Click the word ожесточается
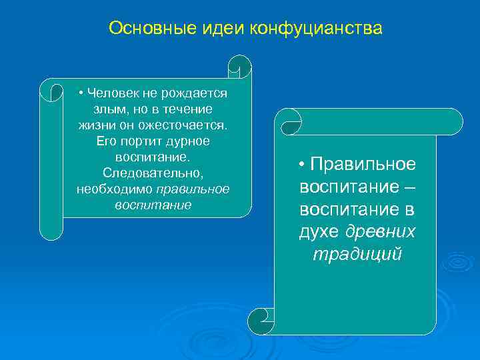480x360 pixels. coord(193,125)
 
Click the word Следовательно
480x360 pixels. coord(153,173)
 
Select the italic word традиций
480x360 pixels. coord(357,255)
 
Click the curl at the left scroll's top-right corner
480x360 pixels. coord(239,67)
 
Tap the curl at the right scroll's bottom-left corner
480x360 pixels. coord(261,321)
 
